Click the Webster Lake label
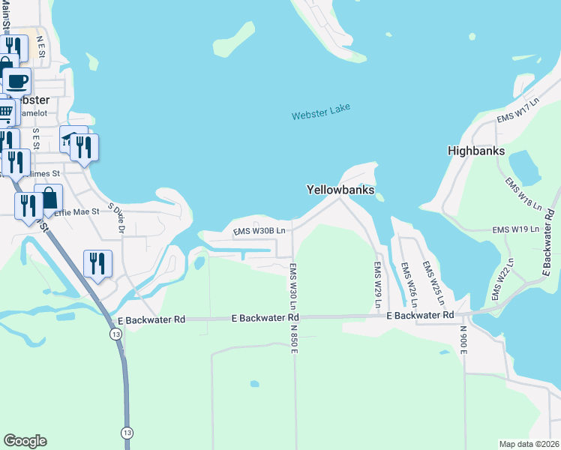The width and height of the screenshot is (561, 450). coord(321,112)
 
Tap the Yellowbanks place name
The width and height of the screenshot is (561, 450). coord(340,190)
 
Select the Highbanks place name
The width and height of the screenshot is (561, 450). coord(476,150)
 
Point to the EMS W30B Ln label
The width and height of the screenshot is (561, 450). coord(259,231)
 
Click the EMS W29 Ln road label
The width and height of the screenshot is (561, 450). coord(378,284)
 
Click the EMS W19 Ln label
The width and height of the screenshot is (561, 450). coord(516,229)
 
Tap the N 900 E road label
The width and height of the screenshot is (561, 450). coord(463,340)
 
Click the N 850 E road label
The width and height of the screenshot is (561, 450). coord(295,340)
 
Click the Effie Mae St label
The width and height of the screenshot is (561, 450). coord(76,212)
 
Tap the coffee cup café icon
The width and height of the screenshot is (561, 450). coord(16,80)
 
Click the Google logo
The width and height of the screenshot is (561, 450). coord(25,441)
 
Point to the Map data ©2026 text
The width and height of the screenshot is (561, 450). coord(529,443)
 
